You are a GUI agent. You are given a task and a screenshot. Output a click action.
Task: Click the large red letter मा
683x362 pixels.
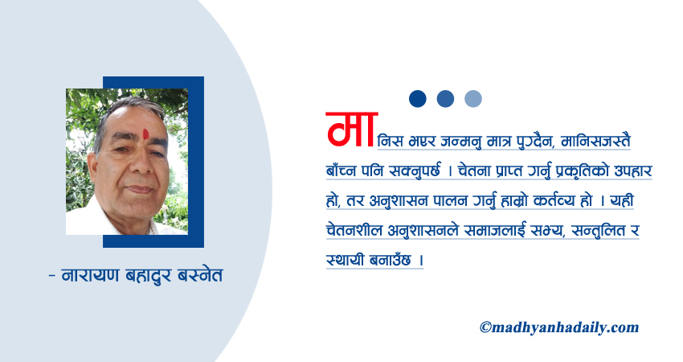coord(351,131)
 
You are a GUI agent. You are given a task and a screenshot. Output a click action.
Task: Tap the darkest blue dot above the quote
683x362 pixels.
coord(417,99)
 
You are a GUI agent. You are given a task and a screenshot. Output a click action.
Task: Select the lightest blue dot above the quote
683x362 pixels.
coord(473,99)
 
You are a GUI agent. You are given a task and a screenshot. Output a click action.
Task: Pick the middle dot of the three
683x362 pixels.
coord(445,99)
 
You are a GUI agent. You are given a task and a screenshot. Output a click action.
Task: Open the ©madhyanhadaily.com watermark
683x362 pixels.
coord(559,327)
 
